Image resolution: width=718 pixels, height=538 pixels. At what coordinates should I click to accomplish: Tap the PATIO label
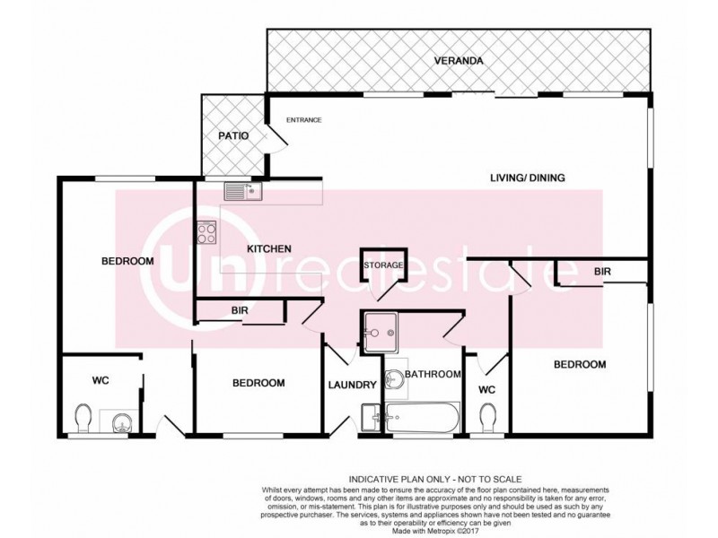point(232,136)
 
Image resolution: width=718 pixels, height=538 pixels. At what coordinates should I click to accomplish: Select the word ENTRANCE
point(303,120)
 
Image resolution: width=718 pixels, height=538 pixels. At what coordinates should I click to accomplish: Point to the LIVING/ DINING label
point(527,178)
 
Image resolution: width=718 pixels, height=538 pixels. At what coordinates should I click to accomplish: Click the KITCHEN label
point(269,248)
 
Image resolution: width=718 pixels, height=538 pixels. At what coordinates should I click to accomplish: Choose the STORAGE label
point(383,265)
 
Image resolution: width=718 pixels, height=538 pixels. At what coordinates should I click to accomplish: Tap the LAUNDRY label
point(351,385)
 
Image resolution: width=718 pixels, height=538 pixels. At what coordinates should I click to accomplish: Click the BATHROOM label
point(433,374)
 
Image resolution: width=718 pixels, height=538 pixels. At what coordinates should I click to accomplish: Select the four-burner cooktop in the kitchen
point(206,233)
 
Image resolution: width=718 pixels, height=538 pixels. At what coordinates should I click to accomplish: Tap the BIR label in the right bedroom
point(603,270)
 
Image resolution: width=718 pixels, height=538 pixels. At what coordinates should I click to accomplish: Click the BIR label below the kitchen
point(239,311)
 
